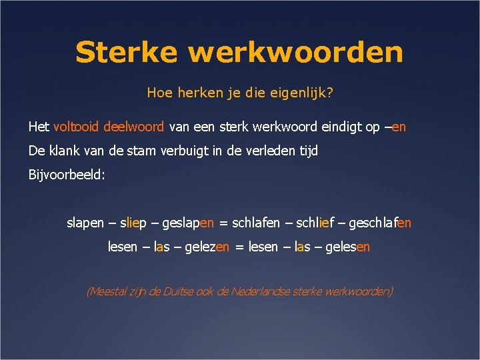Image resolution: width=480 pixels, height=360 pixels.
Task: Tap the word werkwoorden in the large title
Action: click(296, 52)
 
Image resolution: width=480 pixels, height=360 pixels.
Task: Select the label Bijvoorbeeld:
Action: click(67, 175)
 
